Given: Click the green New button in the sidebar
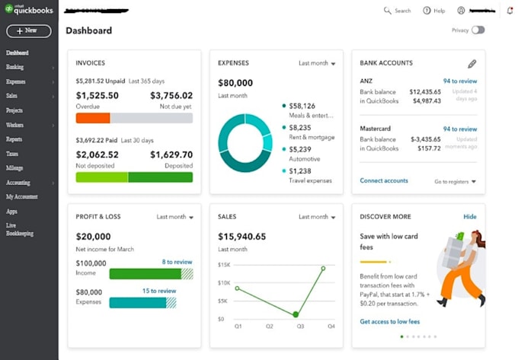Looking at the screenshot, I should tap(29, 31).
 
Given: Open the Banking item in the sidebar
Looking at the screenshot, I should tap(15, 67).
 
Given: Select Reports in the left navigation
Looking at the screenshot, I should tap(14, 139).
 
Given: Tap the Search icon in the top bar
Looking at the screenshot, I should tap(388, 11).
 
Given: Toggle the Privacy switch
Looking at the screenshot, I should tap(478, 30).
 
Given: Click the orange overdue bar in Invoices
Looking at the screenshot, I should tap(93, 118).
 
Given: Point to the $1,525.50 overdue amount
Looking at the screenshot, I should tap(98, 96).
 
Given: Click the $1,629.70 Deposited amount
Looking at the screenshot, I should tap(171, 155).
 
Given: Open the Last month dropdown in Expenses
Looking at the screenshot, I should tap(317, 63).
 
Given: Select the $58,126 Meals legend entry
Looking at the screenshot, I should tap(303, 106).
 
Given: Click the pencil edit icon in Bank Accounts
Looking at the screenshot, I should tap(472, 64).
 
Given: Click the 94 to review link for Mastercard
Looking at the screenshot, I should tap(460, 129).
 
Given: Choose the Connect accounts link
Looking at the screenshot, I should tap(384, 181).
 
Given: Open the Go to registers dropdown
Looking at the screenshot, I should tap(455, 182).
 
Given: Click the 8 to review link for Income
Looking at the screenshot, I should tap(177, 262).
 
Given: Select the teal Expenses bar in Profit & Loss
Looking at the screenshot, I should tap(138, 302).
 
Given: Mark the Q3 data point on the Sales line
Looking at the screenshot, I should tap(296, 314).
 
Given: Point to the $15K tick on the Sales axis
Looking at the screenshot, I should tap(225, 265).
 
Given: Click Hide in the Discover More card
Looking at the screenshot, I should tap(470, 217).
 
